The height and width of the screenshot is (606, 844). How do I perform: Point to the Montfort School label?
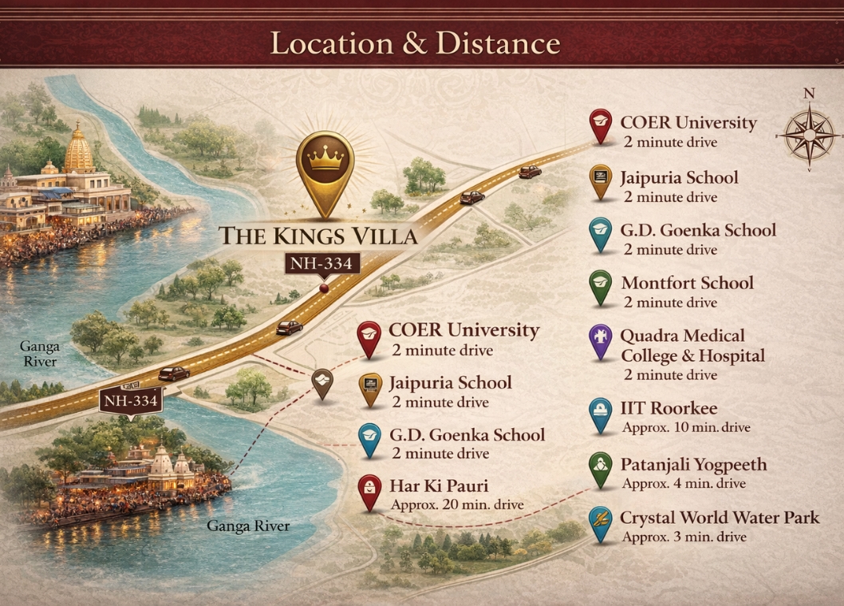(687, 283)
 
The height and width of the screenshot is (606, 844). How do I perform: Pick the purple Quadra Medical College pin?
(600, 341)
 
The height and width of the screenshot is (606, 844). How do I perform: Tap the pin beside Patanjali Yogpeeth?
(600, 469)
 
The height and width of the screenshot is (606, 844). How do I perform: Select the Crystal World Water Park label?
(720, 518)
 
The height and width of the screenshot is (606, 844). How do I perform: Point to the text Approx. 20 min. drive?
(457, 505)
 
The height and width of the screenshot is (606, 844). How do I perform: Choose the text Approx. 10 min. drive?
(686, 427)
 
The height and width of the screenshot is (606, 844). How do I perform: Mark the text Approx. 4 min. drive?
(684, 483)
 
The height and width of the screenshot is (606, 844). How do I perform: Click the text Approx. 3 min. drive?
(684, 537)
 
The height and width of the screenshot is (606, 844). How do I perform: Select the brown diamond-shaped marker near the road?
(322, 382)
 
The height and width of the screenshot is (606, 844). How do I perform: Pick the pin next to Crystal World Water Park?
(600, 521)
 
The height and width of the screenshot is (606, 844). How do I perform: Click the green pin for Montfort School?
(600, 286)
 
